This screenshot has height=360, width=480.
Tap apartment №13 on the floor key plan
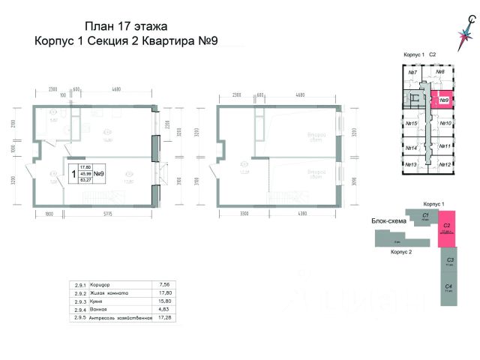[411, 163]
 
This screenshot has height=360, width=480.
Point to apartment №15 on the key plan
[411, 123]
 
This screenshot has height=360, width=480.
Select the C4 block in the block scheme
[447, 289]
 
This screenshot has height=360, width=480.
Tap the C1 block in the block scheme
[424, 217]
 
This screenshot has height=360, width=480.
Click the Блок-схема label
[388, 222]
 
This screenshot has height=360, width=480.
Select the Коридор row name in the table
[99, 284]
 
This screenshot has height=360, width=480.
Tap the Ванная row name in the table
[98, 310]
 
